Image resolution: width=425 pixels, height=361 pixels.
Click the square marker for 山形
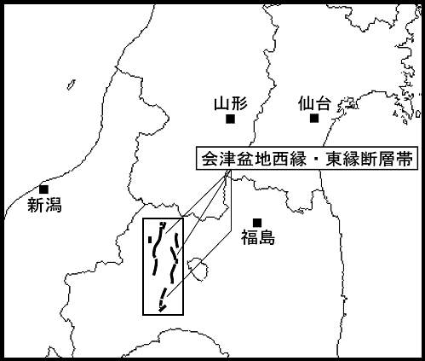pyautogui.click(x=230, y=119)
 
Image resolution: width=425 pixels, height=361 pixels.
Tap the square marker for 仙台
pyautogui.click(x=314, y=118)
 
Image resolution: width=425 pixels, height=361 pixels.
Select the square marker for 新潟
pyautogui.click(x=44, y=189)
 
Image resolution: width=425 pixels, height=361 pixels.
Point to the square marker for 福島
pyautogui.click(x=257, y=223)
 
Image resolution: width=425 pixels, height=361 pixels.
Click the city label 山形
pyautogui.click(x=231, y=104)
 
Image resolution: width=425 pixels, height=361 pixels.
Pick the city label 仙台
pyautogui.click(x=314, y=103)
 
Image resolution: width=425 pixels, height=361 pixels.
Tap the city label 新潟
pyautogui.click(x=44, y=205)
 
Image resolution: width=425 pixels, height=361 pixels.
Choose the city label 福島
pyautogui.click(x=258, y=238)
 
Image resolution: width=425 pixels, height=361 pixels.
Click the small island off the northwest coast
pyautogui.click(x=72, y=84)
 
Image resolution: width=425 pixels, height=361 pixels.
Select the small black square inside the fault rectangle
pyautogui.click(x=150, y=240)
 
